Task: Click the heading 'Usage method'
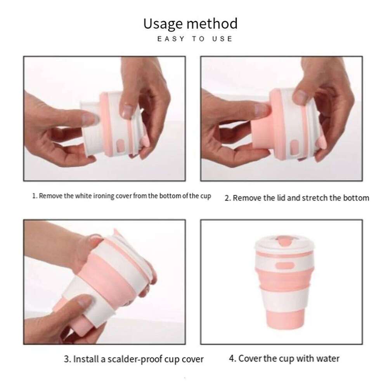tap(190, 24)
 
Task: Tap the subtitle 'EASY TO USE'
tap(195, 39)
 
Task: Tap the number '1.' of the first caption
tap(35, 196)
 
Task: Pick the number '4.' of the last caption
tap(232, 358)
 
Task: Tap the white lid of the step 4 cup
tap(283, 246)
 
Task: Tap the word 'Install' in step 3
tap(87, 359)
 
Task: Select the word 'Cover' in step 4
tap(250, 358)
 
